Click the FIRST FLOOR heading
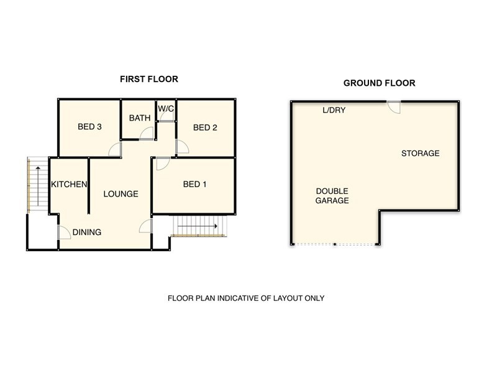(x=149, y=79)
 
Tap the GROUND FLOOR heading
(x=380, y=83)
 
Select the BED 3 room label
(x=89, y=127)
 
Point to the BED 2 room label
(x=205, y=127)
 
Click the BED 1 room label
(x=194, y=184)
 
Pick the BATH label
(x=140, y=118)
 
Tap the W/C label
(x=166, y=108)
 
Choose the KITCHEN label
(x=69, y=184)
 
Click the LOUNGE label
(x=121, y=194)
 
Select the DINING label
(x=87, y=232)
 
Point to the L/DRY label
(x=334, y=110)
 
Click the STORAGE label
(x=421, y=154)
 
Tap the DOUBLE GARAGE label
(x=332, y=196)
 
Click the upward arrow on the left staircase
(x=38, y=186)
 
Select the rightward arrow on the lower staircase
(x=198, y=226)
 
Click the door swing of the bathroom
(x=147, y=133)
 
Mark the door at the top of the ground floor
(x=394, y=107)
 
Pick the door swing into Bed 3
(x=115, y=149)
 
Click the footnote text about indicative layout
(x=246, y=298)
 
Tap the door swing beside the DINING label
(x=64, y=233)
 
